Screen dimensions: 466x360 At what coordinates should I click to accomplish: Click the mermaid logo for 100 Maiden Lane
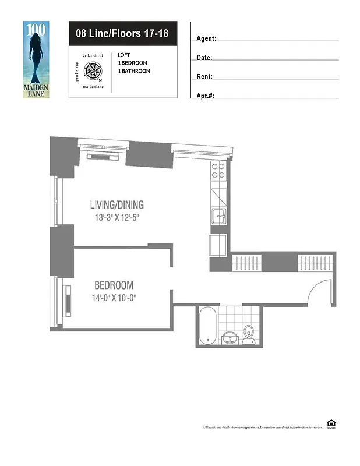(37, 59)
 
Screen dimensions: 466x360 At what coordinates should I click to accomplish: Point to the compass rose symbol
(93, 72)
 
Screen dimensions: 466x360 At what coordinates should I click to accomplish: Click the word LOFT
(123, 55)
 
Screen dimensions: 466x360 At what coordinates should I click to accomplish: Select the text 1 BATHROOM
(134, 71)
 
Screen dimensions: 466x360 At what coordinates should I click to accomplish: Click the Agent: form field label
(207, 38)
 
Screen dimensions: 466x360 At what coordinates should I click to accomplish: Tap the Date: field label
(204, 58)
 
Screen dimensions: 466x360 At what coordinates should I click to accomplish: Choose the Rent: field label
(204, 76)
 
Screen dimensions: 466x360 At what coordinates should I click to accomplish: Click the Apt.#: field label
(206, 96)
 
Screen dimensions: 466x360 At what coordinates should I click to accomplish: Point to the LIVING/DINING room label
(117, 205)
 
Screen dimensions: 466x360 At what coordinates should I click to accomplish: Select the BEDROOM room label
(114, 285)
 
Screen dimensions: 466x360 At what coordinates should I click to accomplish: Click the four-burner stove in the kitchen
(218, 170)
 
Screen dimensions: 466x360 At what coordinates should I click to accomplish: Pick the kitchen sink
(219, 215)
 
